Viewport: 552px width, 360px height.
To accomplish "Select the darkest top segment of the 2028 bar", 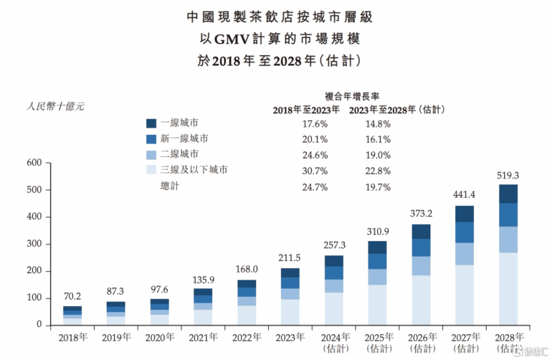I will pyautogui.click(x=508, y=193).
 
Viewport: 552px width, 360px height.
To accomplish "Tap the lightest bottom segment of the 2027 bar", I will pyautogui.click(x=465, y=295).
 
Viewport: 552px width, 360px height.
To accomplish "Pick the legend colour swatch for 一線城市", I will pyautogui.click(x=151, y=123).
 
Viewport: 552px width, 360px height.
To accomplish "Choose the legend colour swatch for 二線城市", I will pyautogui.click(x=151, y=154).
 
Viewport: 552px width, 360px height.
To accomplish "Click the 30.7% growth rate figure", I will pyautogui.click(x=315, y=171).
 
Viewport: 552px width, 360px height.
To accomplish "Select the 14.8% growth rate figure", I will pyautogui.click(x=378, y=123).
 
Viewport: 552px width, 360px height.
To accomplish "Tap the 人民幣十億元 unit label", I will pyautogui.click(x=55, y=106).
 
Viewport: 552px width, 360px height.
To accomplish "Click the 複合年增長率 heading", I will pyautogui.click(x=352, y=96).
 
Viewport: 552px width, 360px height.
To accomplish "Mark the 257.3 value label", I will pyautogui.click(x=334, y=245).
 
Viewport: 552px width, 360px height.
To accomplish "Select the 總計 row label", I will pyautogui.click(x=169, y=186).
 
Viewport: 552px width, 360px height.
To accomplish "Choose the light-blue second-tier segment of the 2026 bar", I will pyautogui.click(x=421, y=265).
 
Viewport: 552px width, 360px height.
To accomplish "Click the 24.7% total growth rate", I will pyautogui.click(x=315, y=187).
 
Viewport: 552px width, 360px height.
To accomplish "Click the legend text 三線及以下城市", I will pyautogui.click(x=194, y=170).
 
